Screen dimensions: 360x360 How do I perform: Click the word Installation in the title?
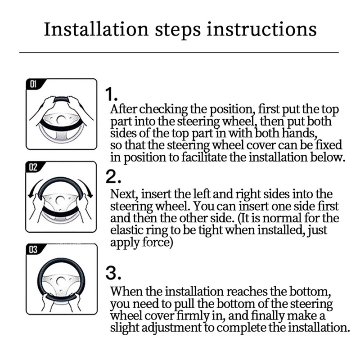(96, 29)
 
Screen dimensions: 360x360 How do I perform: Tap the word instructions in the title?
(261, 29)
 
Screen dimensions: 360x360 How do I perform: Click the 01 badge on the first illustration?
(33, 84)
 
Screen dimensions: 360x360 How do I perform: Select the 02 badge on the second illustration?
(33, 167)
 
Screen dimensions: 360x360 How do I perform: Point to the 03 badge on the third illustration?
(33, 249)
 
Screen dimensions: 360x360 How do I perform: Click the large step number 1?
(111, 94)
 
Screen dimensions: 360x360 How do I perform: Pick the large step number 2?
(113, 177)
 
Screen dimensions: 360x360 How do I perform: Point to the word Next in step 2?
(124, 194)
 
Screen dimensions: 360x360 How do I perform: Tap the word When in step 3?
(126, 292)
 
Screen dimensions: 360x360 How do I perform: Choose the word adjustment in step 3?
(171, 328)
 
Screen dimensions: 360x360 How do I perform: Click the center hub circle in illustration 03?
(61, 281)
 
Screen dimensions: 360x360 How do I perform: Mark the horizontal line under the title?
(179, 53)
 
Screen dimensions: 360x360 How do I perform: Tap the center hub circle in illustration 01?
(61, 119)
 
